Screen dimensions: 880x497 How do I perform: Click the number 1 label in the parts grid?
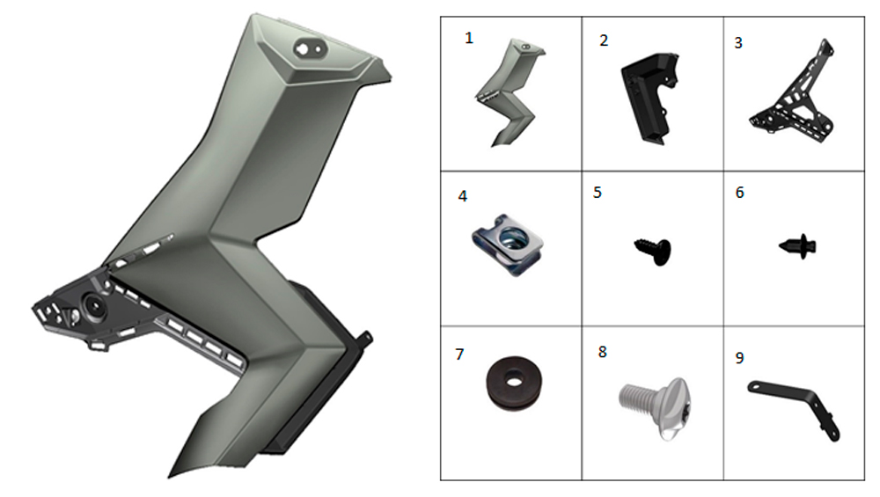(x=469, y=38)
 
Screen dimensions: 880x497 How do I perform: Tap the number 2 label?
(x=604, y=40)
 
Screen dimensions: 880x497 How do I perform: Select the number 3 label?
(x=738, y=42)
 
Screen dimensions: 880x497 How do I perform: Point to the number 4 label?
(x=463, y=196)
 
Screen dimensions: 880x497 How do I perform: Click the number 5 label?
(x=598, y=193)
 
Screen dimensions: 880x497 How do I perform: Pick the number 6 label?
(x=740, y=193)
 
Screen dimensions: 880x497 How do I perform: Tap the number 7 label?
(x=459, y=354)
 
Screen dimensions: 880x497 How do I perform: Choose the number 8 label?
(x=602, y=352)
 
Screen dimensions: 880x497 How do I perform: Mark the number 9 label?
(x=739, y=358)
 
